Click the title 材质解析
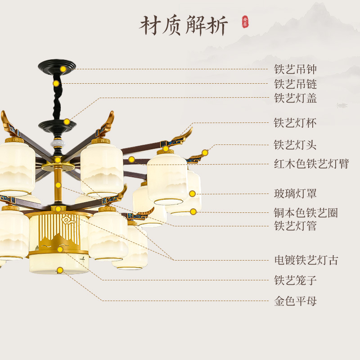click(184, 25)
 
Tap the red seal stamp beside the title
click(245, 22)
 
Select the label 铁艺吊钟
click(295, 69)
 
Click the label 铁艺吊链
click(295, 84)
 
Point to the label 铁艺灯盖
click(295, 98)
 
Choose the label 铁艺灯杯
click(295, 123)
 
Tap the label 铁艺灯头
click(295, 145)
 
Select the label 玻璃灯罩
click(295, 193)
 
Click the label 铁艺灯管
click(295, 226)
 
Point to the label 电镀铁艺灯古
click(306, 260)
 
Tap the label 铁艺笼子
click(295, 280)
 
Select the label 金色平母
click(295, 301)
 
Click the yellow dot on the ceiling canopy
click(63, 69)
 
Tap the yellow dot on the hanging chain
click(56, 83)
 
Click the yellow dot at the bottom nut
click(60, 270)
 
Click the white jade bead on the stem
click(57, 142)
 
